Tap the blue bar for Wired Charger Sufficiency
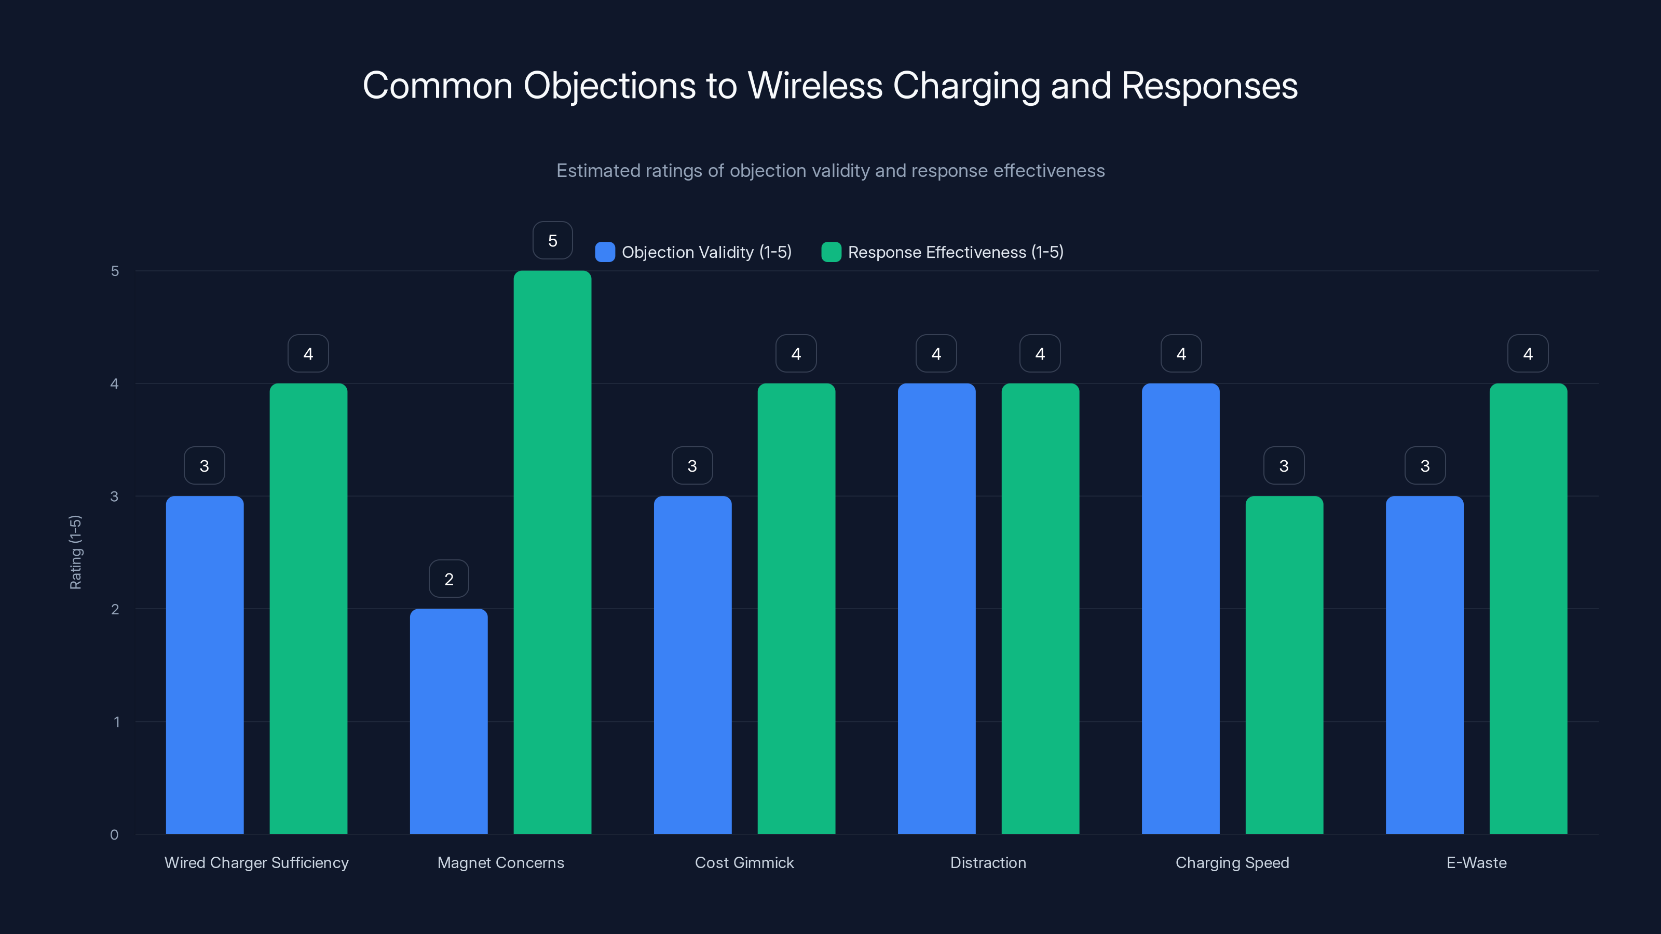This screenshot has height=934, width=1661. click(x=205, y=665)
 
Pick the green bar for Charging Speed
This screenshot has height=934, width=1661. click(x=1284, y=665)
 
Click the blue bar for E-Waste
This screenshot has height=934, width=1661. click(x=1424, y=665)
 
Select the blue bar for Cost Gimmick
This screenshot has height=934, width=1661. click(x=692, y=665)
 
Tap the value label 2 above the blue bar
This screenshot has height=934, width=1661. click(x=449, y=579)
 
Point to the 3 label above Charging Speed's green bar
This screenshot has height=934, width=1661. click(x=1284, y=465)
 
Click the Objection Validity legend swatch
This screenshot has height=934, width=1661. click(x=605, y=252)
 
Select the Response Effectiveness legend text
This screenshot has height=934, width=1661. click(x=955, y=252)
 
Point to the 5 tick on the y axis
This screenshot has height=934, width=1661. click(x=115, y=271)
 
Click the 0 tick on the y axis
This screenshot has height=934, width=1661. click(x=114, y=835)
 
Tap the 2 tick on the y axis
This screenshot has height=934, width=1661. click(x=115, y=609)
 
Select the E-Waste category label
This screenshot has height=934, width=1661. click(x=1476, y=862)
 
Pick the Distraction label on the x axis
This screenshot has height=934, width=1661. click(x=988, y=862)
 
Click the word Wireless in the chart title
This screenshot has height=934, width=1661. click(x=814, y=86)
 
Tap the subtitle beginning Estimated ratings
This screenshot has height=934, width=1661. click(x=830, y=171)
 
